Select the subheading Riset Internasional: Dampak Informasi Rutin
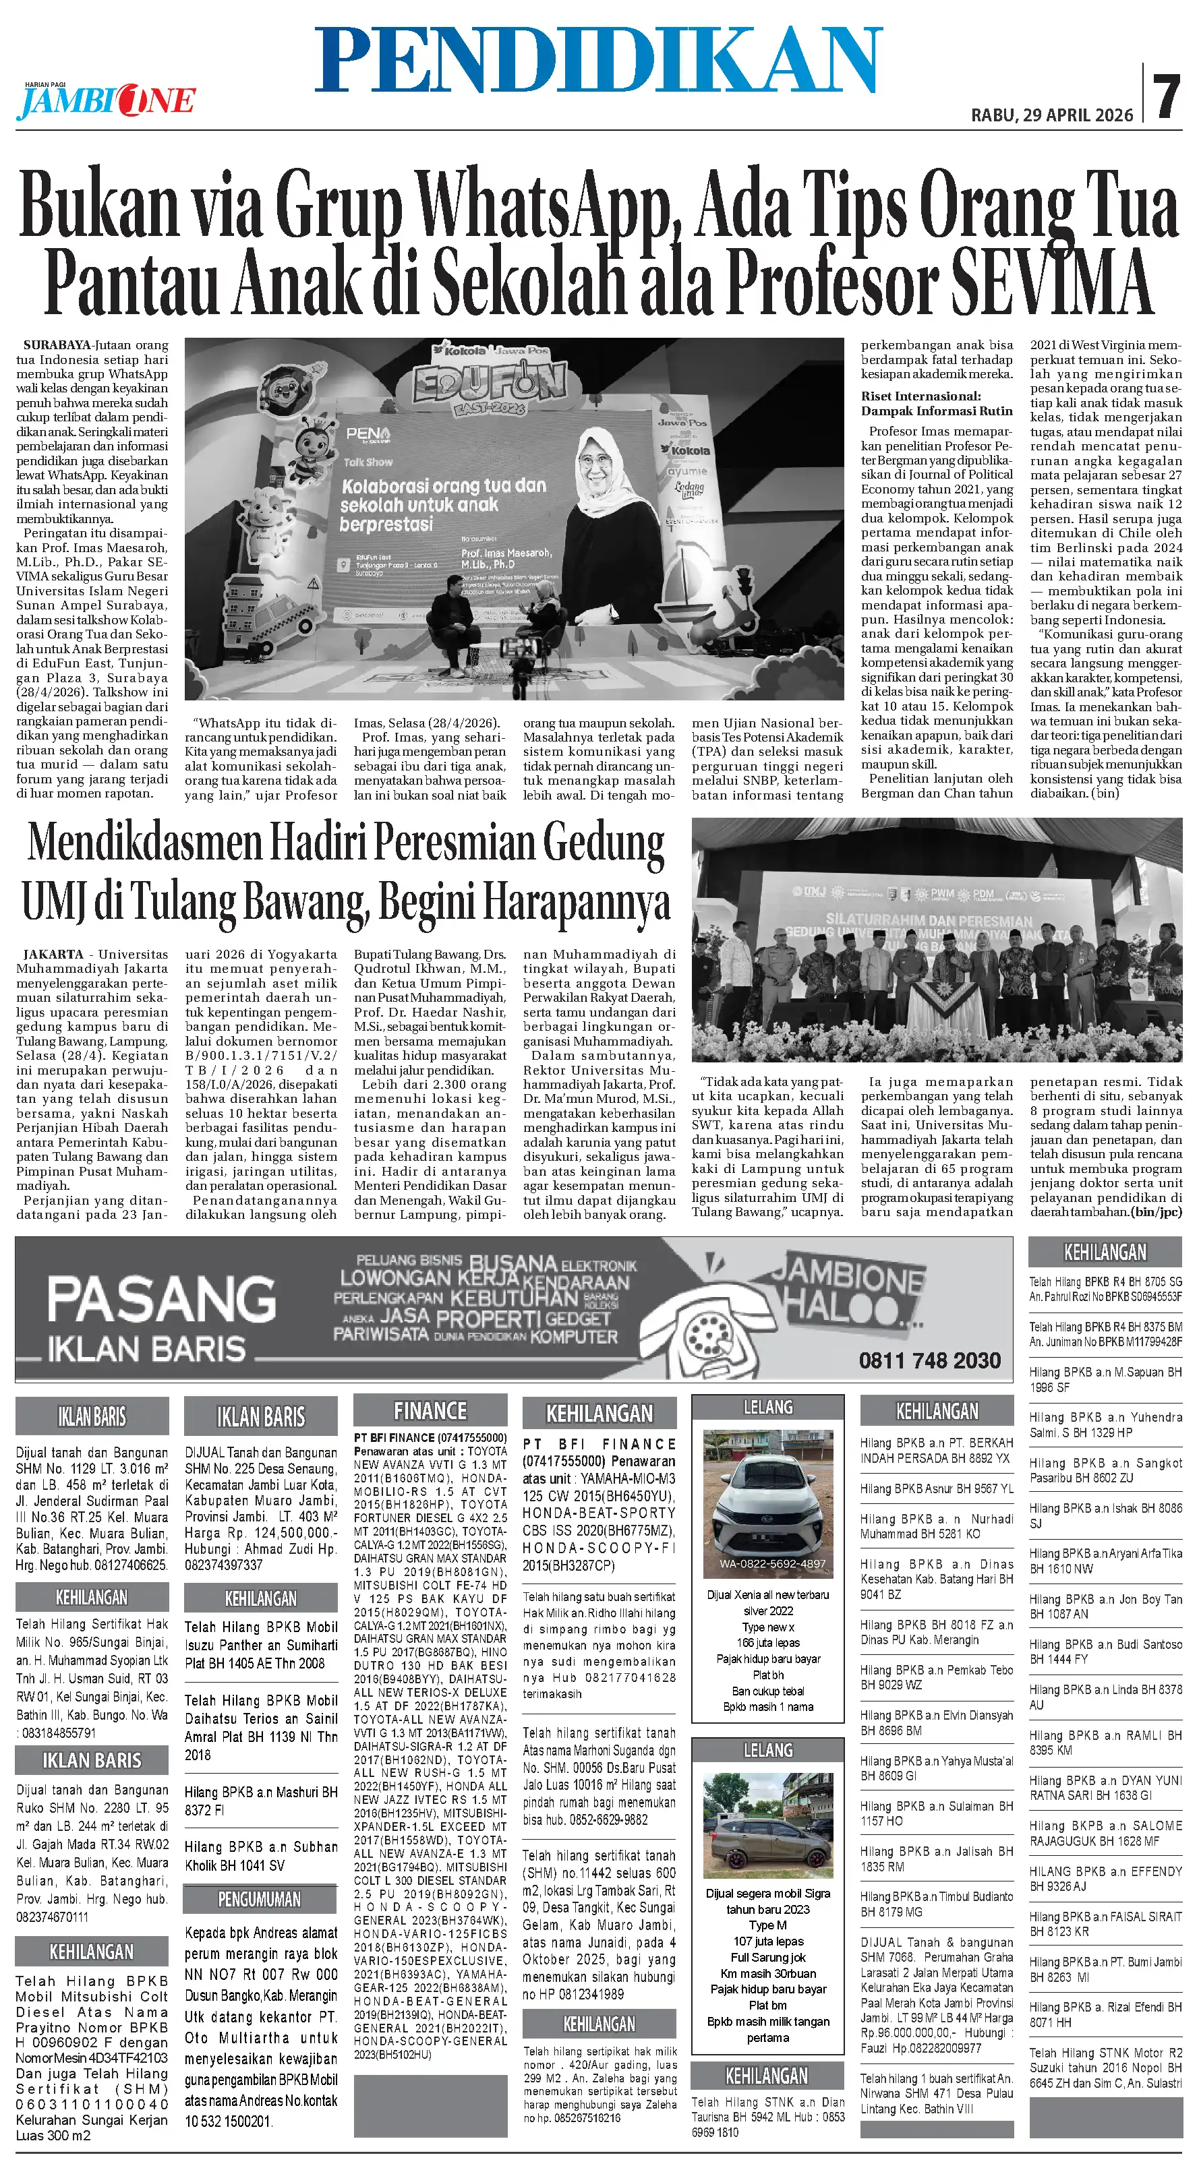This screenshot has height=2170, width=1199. (x=936, y=404)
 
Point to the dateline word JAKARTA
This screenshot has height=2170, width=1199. (x=54, y=955)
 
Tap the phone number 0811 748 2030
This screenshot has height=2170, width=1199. (x=929, y=1360)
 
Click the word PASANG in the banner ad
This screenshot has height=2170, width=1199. (x=161, y=1300)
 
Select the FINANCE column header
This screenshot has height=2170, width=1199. (x=430, y=1411)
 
